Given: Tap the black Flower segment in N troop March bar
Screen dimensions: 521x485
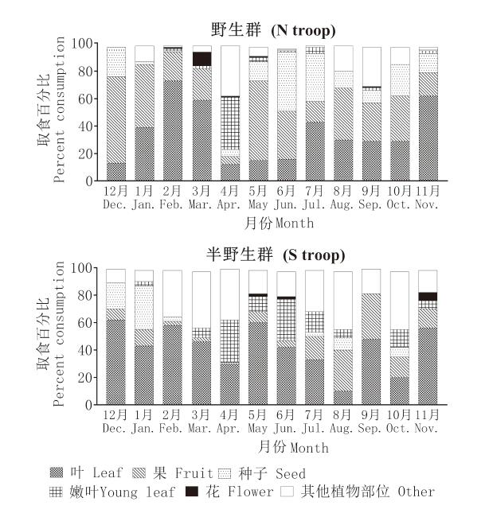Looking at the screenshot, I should [x=201, y=58].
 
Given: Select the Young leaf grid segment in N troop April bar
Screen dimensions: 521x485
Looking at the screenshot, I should [x=230, y=122].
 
